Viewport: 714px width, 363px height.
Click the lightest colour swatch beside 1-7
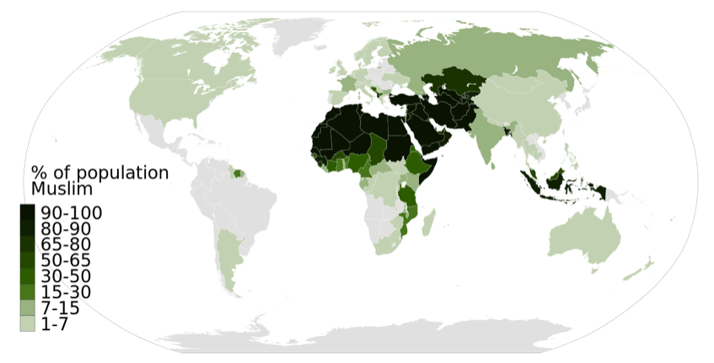pyautogui.click(x=28, y=324)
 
